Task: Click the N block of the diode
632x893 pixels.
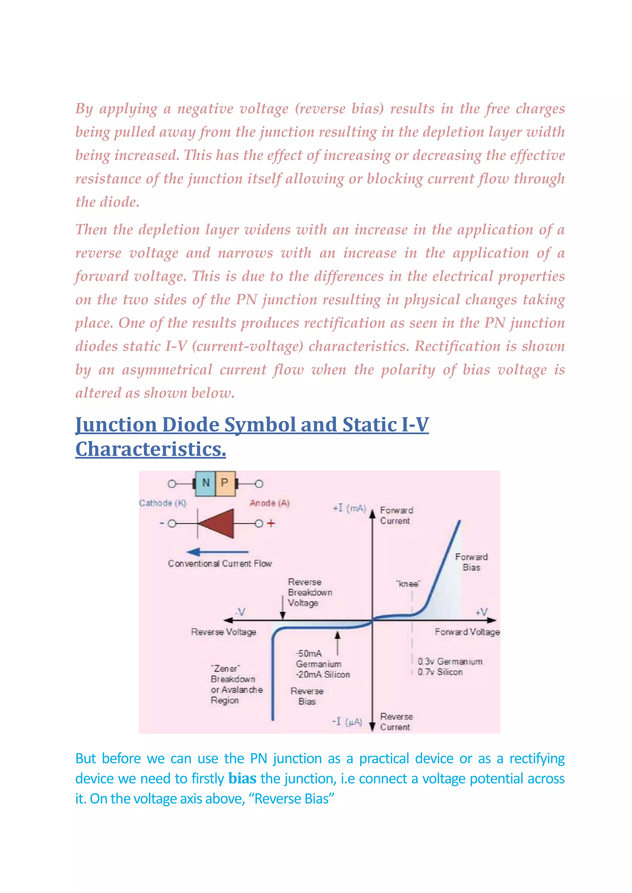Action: pyautogui.click(x=206, y=483)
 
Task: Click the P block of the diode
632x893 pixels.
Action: pyautogui.click(x=225, y=483)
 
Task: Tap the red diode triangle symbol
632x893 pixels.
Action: pyautogui.click(x=218, y=523)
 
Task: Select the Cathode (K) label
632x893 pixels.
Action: pyautogui.click(x=163, y=503)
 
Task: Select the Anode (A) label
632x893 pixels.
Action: pyautogui.click(x=269, y=503)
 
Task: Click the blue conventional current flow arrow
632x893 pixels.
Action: pyautogui.click(x=217, y=552)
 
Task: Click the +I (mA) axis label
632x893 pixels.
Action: pyautogui.click(x=349, y=508)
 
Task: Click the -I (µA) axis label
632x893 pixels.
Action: pyautogui.click(x=347, y=722)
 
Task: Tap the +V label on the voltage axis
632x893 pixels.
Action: pyautogui.click(x=481, y=612)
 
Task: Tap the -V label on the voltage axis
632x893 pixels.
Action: pyautogui.click(x=240, y=612)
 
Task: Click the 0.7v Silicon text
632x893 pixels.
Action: pyautogui.click(x=440, y=672)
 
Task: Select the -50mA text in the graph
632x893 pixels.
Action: pyautogui.click(x=309, y=653)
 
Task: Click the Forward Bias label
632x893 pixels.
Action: pyautogui.click(x=471, y=562)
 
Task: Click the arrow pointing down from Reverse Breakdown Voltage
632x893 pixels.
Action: pyautogui.click(x=283, y=607)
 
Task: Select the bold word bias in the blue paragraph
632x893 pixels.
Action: pyautogui.click(x=242, y=779)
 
